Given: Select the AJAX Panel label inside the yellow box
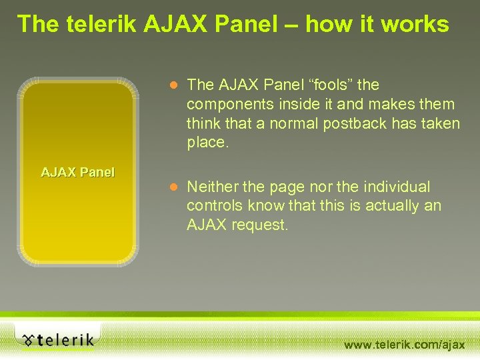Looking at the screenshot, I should (x=77, y=173).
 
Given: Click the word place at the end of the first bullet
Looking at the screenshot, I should (x=207, y=143).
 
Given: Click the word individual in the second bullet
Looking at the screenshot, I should (x=397, y=187).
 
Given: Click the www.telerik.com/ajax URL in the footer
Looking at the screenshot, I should (x=404, y=345).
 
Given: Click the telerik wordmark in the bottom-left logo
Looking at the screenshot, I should (x=65, y=340).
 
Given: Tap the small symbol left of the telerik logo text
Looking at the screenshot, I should (x=27, y=340).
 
